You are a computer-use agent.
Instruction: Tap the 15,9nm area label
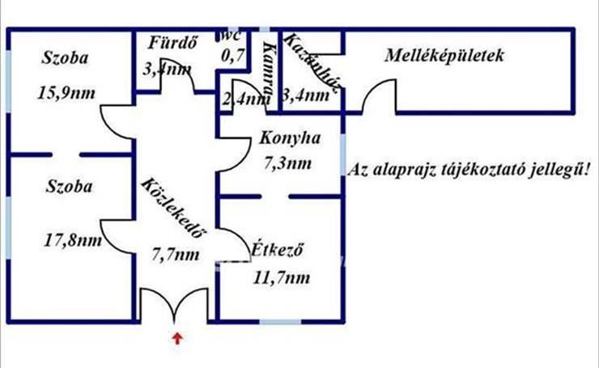pyautogui.click(x=66, y=92)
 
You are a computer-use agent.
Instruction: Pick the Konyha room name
pyautogui.click(x=290, y=139)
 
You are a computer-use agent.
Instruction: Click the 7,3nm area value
pyautogui.click(x=287, y=164)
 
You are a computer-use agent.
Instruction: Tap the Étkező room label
pyautogui.click(x=276, y=250)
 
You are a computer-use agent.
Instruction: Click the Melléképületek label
pyautogui.click(x=446, y=57)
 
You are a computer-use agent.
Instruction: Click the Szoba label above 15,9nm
pyautogui.click(x=66, y=58)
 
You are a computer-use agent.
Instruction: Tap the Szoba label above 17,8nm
pyautogui.click(x=69, y=187)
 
